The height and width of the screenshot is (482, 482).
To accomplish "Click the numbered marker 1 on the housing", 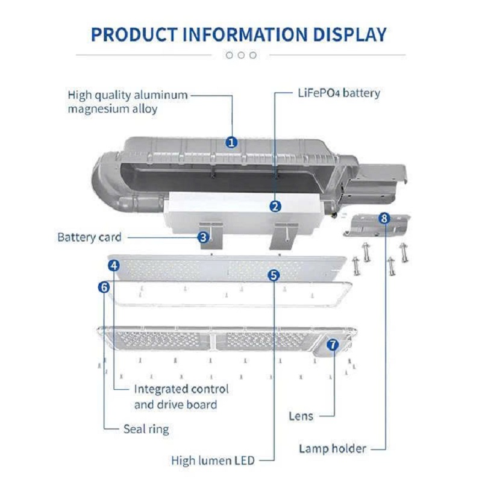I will tap(232, 143).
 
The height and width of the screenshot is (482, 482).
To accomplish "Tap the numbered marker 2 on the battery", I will tap(275, 207).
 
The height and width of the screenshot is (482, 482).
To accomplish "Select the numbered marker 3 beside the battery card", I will tap(204, 237).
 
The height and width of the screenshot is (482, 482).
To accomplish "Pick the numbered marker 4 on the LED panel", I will tap(114, 265).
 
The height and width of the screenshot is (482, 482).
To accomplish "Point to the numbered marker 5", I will tap(274, 275).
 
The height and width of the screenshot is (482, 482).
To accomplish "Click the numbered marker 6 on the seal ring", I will tap(104, 287).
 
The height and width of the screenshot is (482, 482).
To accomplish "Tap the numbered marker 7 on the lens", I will tap(332, 345).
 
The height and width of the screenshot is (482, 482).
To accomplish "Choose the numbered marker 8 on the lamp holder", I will tap(384, 218).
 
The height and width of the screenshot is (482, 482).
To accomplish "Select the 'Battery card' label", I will tap(89, 237).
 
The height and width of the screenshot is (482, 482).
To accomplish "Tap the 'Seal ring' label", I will tap(146, 429).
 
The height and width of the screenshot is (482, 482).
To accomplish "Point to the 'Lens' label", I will tap(301, 416).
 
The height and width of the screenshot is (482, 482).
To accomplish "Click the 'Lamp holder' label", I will tap(333, 448).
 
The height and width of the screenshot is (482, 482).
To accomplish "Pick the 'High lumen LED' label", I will tap(213, 461).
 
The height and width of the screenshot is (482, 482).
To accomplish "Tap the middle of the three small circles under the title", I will tap(241, 55).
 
